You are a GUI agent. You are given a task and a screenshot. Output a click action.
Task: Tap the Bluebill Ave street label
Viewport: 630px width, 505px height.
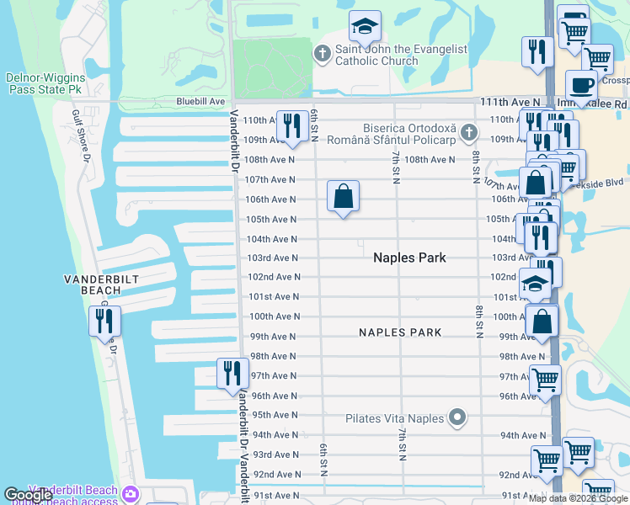pyautogui.click(x=200, y=101)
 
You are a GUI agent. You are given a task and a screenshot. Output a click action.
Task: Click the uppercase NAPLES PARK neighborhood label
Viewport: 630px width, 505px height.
pyautogui.click(x=400, y=332)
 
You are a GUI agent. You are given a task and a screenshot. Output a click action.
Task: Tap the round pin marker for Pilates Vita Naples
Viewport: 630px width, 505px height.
pyautogui.click(x=457, y=417)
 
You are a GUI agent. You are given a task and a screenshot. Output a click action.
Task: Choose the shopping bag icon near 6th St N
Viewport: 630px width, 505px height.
pyautogui.click(x=343, y=197)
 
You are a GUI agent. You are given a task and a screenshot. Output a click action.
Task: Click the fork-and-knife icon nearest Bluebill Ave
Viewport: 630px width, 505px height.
pyautogui.click(x=291, y=126)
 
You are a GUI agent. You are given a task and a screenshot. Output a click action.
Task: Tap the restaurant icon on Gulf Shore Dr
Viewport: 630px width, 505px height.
pyautogui.click(x=104, y=321)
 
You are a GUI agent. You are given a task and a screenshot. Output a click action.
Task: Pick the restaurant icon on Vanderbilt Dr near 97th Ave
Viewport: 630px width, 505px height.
pyautogui.click(x=232, y=374)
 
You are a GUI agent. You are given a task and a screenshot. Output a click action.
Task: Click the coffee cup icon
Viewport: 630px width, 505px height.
pyautogui.click(x=580, y=86)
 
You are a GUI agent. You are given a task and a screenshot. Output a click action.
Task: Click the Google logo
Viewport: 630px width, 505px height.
pyautogui.click(x=26, y=495)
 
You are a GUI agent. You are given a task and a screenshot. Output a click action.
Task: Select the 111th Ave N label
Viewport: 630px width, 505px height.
pyautogui.click(x=510, y=101)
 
